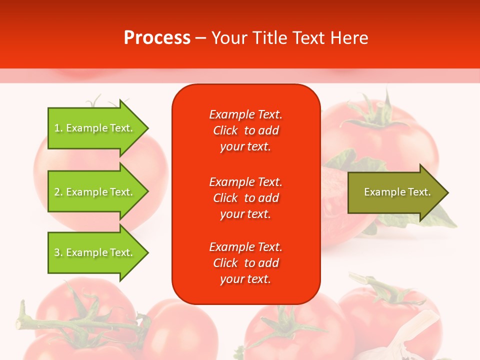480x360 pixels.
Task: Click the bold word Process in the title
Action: pos(157,38)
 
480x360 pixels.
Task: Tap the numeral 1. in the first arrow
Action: pos(58,128)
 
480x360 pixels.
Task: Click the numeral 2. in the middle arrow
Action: pos(58,192)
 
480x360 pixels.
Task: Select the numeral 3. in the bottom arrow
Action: pos(58,252)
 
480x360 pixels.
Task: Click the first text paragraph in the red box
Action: pos(245,130)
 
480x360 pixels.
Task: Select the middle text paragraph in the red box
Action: pos(245,198)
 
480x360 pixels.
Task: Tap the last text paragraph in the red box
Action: pos(245,263)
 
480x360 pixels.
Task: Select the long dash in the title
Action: pos(200,38)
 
